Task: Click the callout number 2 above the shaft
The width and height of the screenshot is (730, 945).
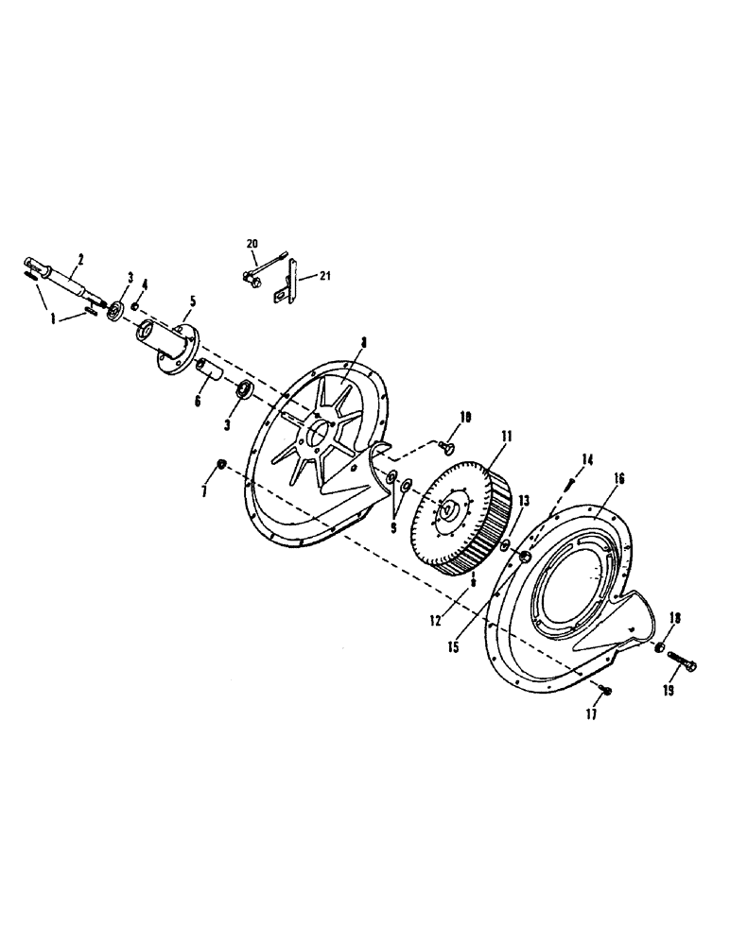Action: point(80,258)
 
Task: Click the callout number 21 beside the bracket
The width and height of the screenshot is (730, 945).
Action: point(324,276)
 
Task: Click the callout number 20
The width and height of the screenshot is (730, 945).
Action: point(252,244)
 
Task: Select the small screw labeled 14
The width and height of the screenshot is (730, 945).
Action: point(570,483)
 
